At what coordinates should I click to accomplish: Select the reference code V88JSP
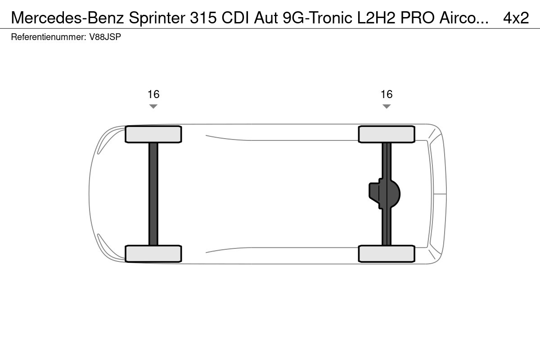click(x=105, y=37)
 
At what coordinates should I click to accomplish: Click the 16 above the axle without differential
click(x=153, y=94)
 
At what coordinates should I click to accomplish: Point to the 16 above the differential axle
click(x=387, y=94)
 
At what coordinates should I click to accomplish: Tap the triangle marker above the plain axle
click(x=153, y=107)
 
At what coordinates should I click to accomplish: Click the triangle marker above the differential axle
click(x=387, y=107)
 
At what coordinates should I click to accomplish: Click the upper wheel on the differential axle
click(x=387, y=135)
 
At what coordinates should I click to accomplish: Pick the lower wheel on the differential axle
click(x=387, y=254)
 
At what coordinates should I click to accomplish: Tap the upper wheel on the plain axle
click(x=153, y=135)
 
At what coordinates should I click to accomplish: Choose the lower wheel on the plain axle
click(x=153, y=254)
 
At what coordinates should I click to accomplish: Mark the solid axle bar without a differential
click(x=153, y=194)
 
